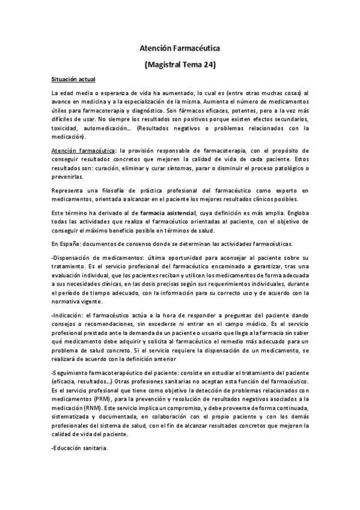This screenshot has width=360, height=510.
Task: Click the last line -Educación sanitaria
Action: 80,447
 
